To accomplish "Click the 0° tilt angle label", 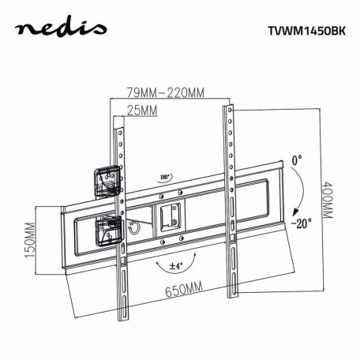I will point(296,160).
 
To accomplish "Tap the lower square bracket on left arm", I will point(107,229).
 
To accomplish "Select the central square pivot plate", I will point(168,216).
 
